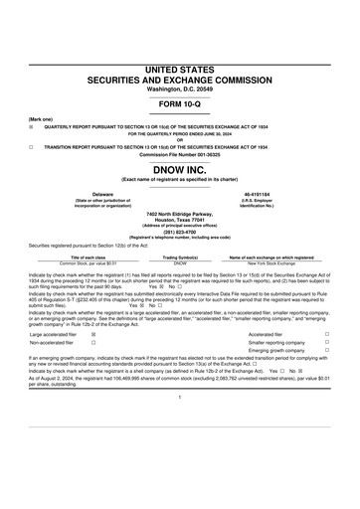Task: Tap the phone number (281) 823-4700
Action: (180, 234)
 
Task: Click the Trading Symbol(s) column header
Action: (180, 257)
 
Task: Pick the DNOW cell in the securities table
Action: (180, 263)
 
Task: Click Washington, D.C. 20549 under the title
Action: (180, 88)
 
